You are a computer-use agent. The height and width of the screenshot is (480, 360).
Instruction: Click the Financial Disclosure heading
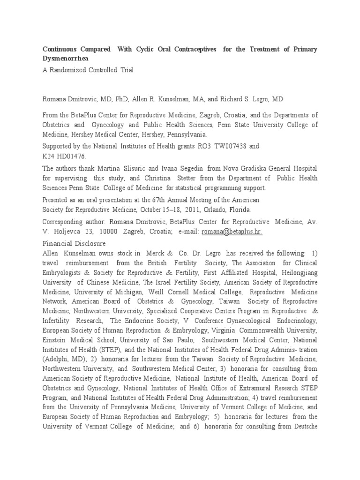point(74,243)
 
